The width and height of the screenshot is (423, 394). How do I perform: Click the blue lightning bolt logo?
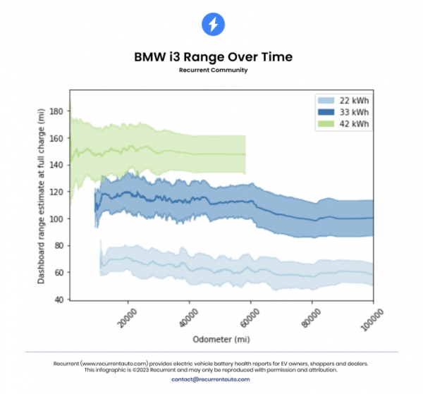pos(213,25)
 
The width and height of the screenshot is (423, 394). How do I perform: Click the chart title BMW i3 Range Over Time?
pos(213,56)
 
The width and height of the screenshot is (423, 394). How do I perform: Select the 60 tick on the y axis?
pos(60,273)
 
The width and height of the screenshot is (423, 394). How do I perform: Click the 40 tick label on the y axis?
pos(60,300)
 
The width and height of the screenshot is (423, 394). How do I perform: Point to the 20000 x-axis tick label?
pos(127,316)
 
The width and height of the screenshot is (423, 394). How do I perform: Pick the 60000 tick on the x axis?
pos(249,316)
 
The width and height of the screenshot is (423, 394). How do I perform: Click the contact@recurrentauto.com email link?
pos(211,379)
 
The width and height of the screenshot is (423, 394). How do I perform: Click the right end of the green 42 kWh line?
pos(245,154)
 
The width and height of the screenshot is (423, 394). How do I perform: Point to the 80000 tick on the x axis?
pos(310,316)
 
